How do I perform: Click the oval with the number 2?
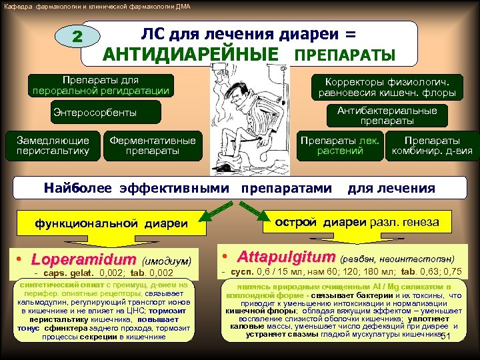point(77,37)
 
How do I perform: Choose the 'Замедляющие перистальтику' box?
point(53,146)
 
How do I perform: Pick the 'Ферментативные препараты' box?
point(153,146)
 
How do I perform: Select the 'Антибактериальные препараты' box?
point(387,116)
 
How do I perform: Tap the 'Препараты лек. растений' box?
point(340,146)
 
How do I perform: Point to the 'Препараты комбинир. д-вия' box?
point(432,146)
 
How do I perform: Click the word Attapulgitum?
point(287,257)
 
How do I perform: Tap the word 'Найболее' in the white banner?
point(80,189)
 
